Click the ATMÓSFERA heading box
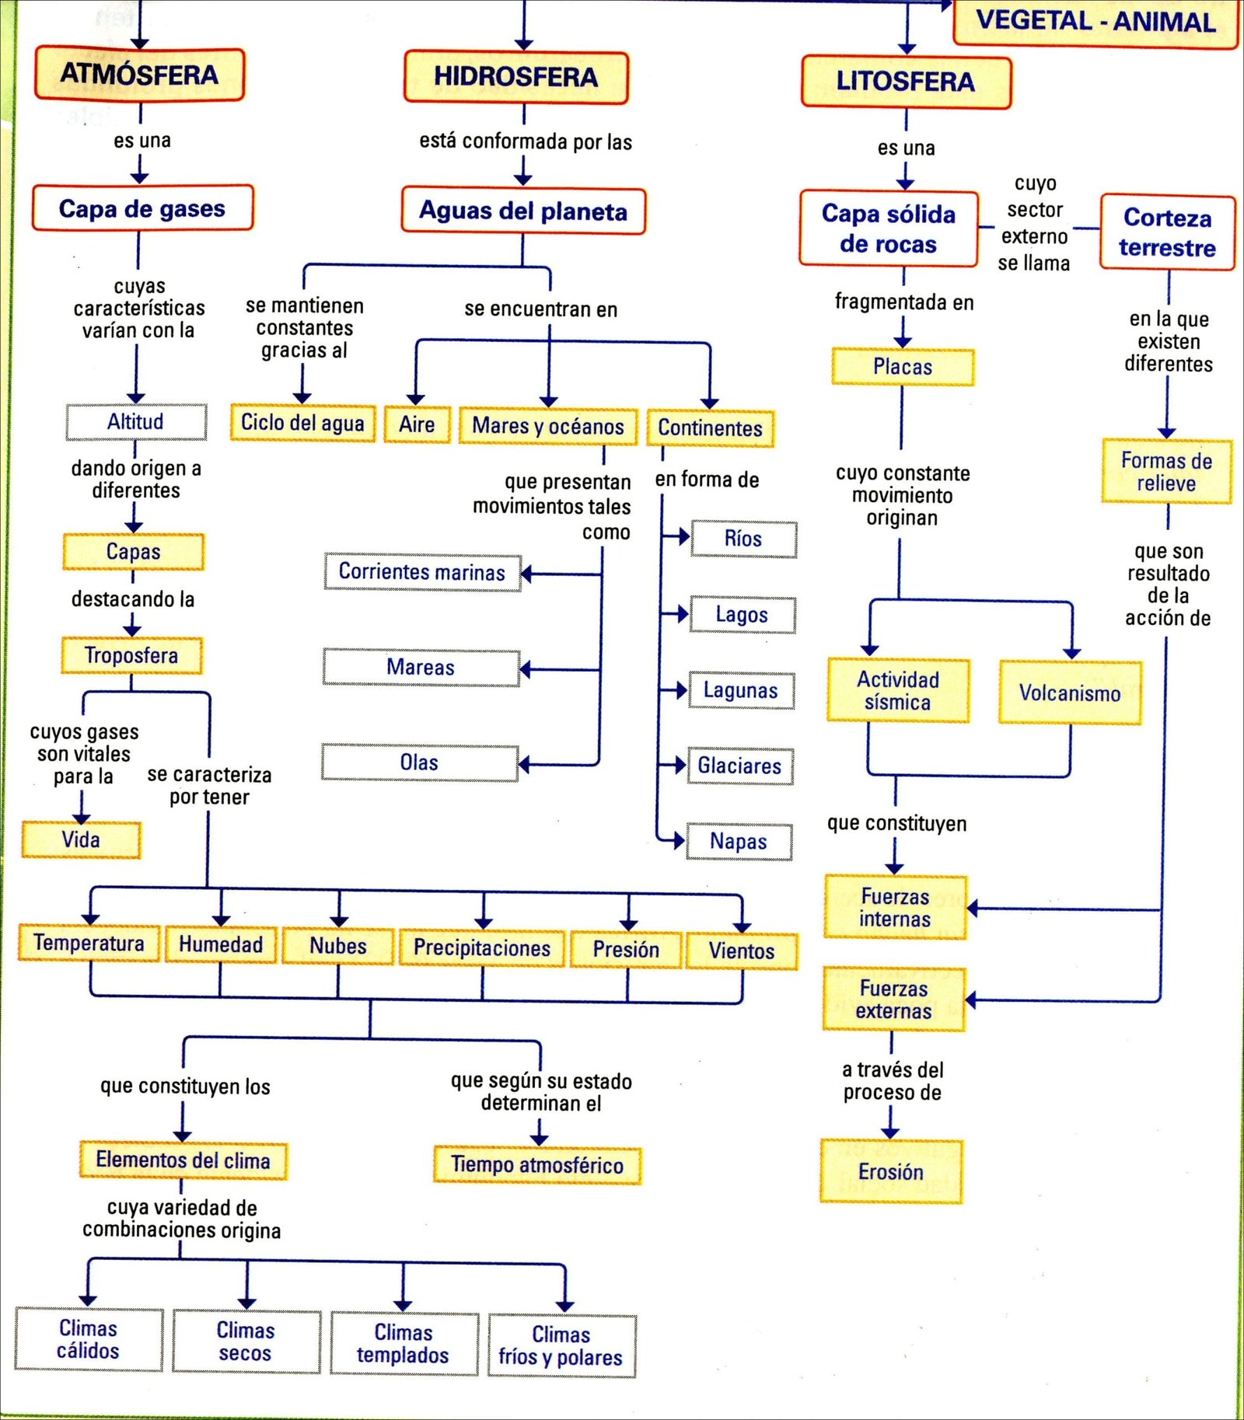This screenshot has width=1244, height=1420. [x=140, y=75]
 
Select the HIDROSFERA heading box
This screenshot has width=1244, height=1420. [x=515, y=77]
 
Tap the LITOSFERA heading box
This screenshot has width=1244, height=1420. [x=906, y=82]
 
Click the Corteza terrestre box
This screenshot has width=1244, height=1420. [x=1167, y=232]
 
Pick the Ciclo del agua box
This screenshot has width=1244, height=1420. [x=302, y=423]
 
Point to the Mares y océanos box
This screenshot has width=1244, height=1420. [x=548, y=426]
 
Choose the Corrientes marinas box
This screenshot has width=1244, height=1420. [x=422, y=572]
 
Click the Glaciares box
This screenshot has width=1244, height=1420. [x=739, y=766]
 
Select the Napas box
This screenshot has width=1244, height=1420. [x=739, y=842]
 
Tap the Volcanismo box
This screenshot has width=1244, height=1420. [x=1070, y=693]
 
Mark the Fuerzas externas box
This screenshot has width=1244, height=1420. [x=894, y=1000]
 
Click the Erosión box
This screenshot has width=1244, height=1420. [x=891, y=1171]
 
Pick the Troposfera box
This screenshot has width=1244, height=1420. [x=131, y=655]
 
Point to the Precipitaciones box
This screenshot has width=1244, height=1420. [x=482, y=947]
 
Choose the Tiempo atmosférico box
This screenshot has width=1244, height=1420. [x=537, y=1165]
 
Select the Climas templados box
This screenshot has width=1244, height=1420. [x=404, y=1344]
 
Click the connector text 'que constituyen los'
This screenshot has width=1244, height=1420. [x=185, y=1086]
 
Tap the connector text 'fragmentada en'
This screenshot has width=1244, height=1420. [x=904, y=302]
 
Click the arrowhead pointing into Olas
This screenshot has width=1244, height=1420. [x=524, y=765]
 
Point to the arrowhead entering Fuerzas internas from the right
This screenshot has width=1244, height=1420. [x=972, y=908]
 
